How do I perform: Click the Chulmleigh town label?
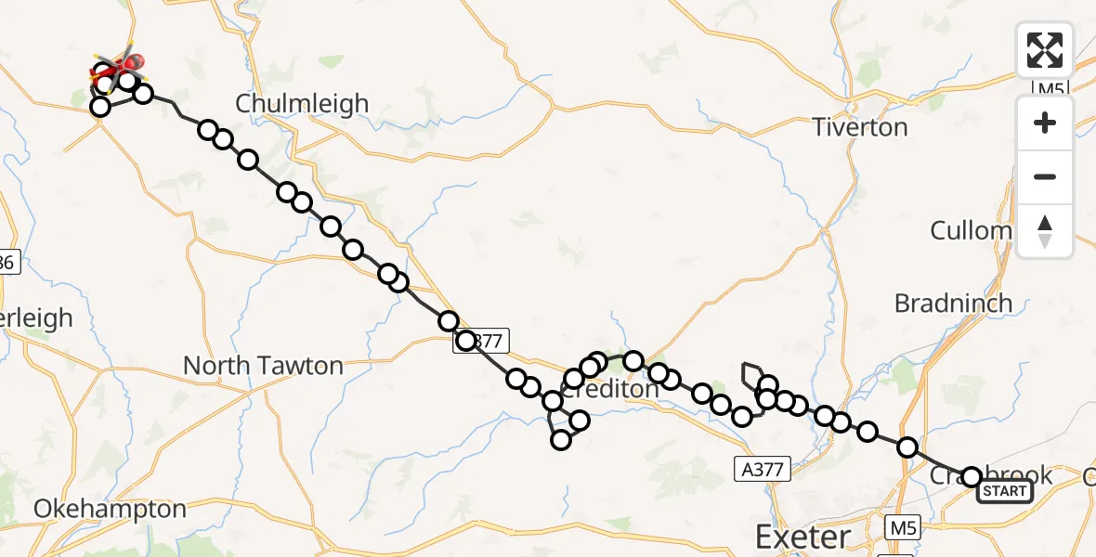coord(302,103)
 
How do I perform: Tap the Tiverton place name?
coord(860,127)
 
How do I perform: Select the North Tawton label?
coord(263,366)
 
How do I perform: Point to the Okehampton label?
coord(110,509)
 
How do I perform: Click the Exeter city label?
coord(802,537)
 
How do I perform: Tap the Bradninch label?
coord(953,304)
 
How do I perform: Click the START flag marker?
coord(1005,491)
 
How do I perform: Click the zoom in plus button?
coord(1045,123)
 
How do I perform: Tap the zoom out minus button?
coord(1045,176)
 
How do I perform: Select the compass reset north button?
coord(1045,230)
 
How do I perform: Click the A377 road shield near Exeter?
coord(762,471)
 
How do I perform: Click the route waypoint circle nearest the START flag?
coord(971,477)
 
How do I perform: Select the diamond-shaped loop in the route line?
coord(751,374)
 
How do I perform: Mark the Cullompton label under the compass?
coord(971,230)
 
